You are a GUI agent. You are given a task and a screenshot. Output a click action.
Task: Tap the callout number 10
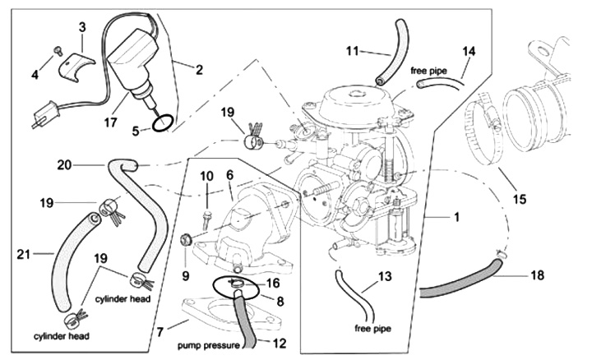pyautogui.click(x=206, y=177)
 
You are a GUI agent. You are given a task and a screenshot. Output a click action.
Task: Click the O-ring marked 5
pyautogui.click(x=163, y=123)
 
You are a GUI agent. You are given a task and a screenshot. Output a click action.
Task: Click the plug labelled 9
pyautogui.click(x=187, y=241)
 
